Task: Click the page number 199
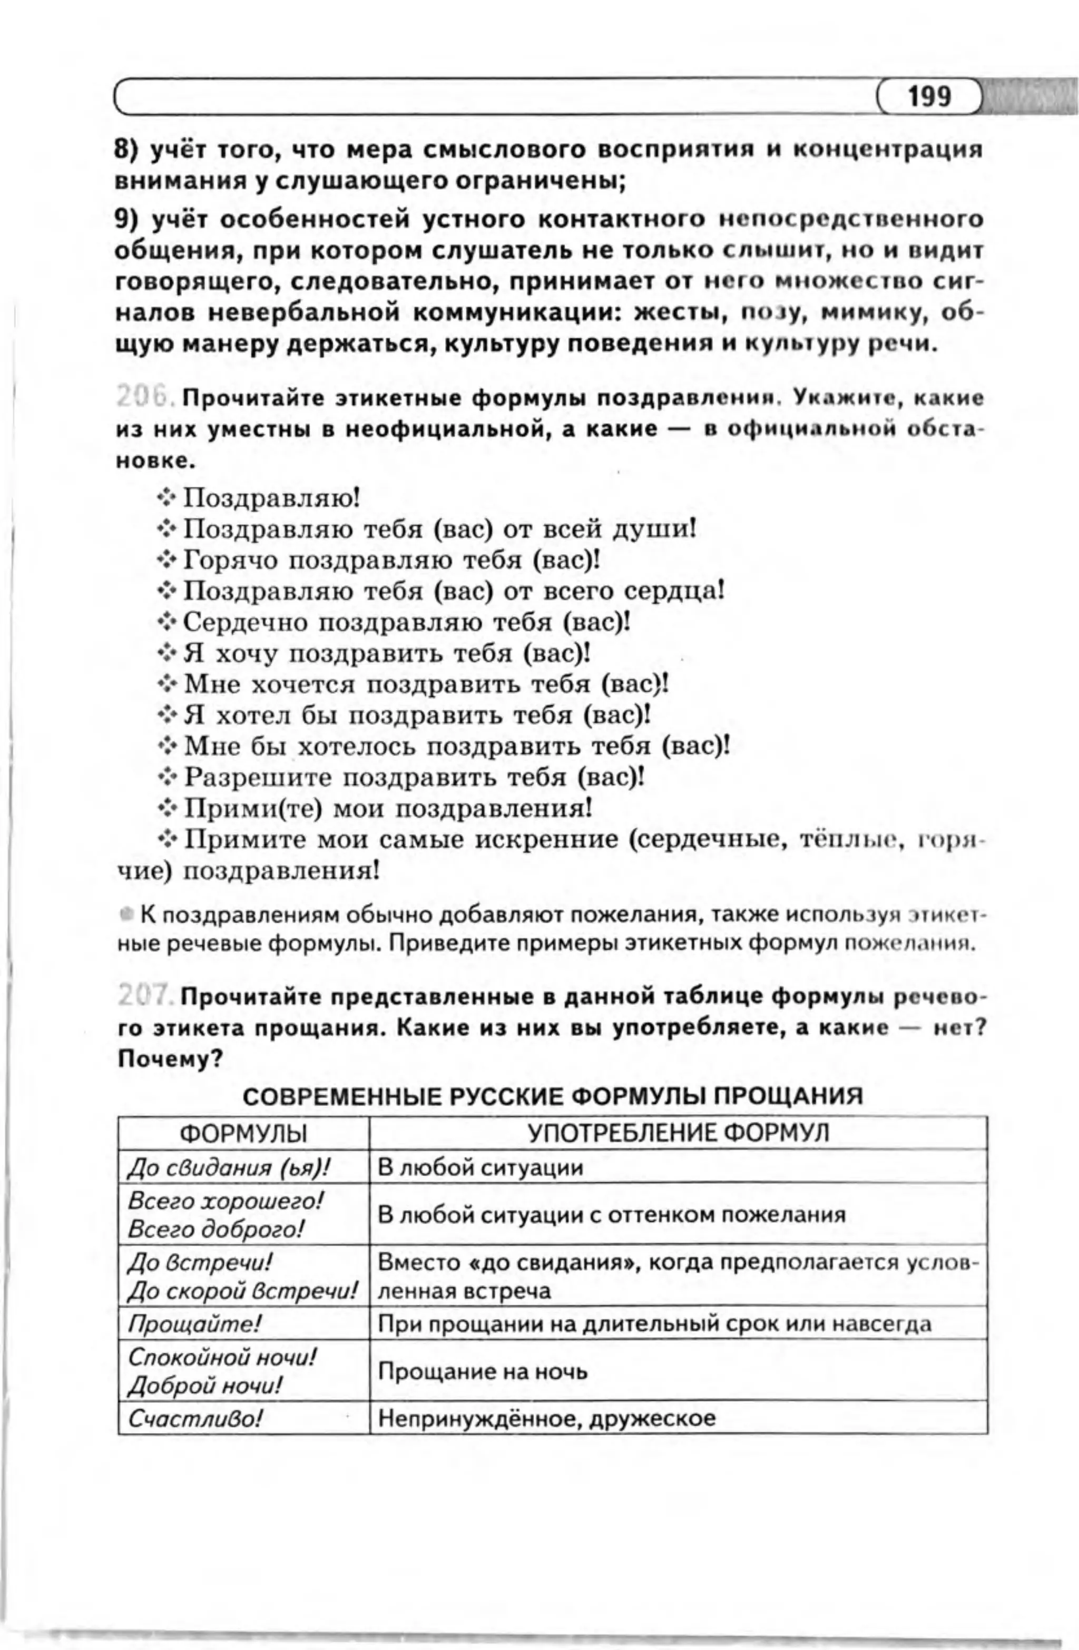[929, 97]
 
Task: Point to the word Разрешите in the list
[258, 777]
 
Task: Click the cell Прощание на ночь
[483, 1371]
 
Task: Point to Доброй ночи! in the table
[205, 1386]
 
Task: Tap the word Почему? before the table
[169, 1059]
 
